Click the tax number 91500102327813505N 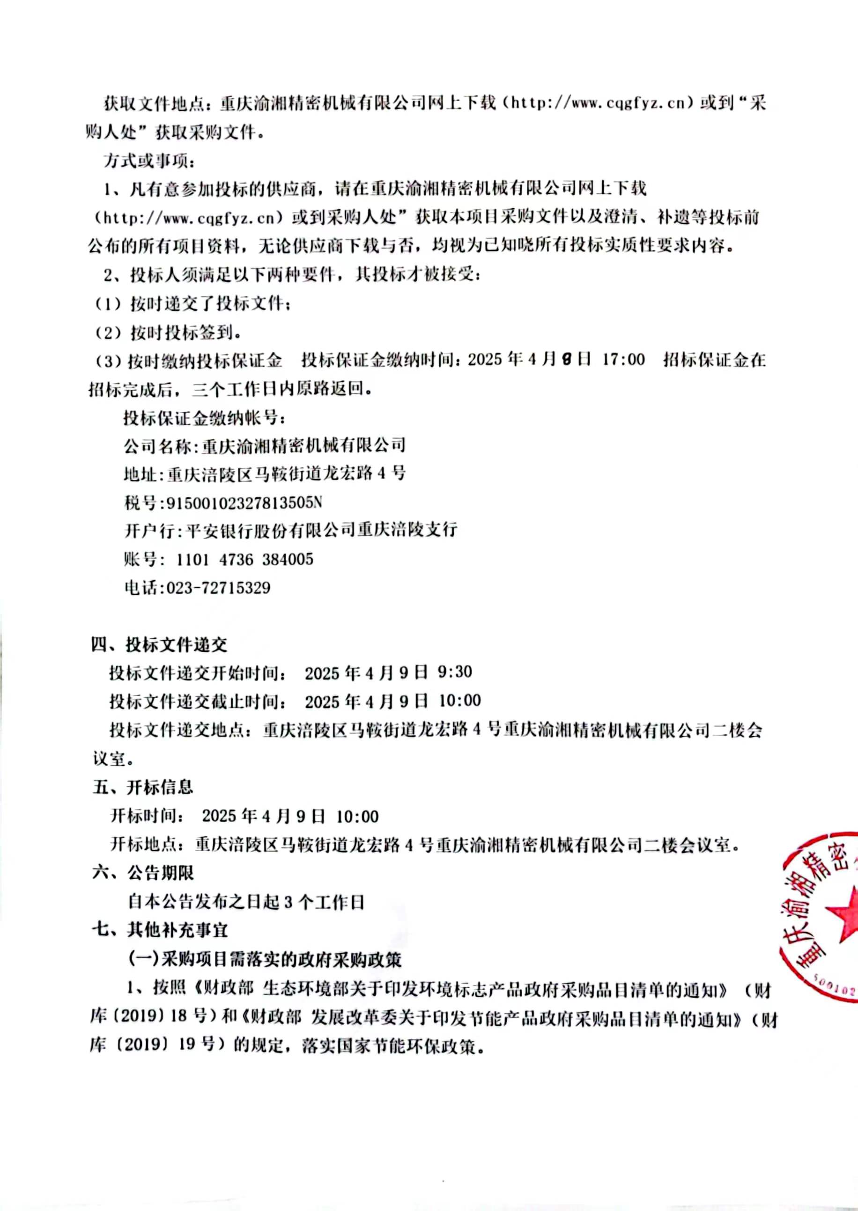(244, 503)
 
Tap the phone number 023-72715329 (218, 588)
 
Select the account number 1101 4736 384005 (245, 559)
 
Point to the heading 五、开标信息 (143, 787)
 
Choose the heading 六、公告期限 (143, 873)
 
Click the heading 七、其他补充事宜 (160, 930)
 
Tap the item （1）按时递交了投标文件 (192, 304)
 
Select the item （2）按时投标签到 (168, 333)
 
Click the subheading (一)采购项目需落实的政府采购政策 (265, 959)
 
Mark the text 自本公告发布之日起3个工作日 (246, 902)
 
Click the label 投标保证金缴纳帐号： (206, 418)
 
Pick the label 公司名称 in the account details (157, 446)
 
